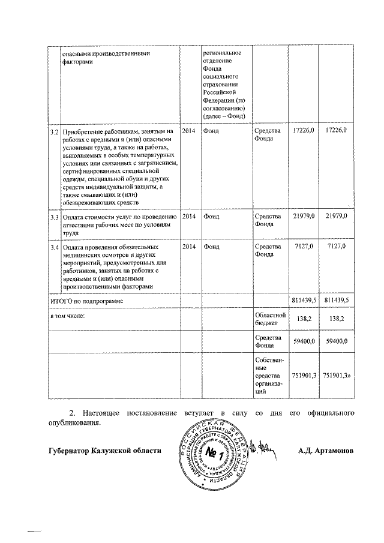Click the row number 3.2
(53, 131)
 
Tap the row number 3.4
(53, 247)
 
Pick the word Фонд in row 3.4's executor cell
(211, 247)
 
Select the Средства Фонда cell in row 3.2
(267, 135)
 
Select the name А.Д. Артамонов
(325, 450)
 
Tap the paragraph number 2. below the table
(73, 413)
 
